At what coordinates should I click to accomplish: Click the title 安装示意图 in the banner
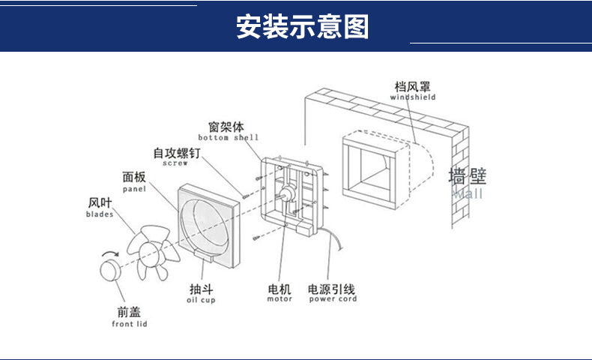(x=303, y=26)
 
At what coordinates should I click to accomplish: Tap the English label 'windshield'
(x=412, y=97)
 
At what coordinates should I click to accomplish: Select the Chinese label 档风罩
(x=412, y=86)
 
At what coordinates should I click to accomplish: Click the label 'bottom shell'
(x=228, y=138)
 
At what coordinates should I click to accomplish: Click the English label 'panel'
(x=134, y=189)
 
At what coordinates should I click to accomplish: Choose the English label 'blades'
(x=100, y=214)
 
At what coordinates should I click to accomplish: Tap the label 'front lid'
(x=129, y=324)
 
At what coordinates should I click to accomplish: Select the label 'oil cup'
(x=201, y=300)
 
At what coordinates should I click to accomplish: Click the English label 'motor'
(x=280, y=299)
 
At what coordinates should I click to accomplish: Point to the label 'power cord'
(x=333, y=299)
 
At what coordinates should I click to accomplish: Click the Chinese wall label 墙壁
(x=468, y=177)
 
